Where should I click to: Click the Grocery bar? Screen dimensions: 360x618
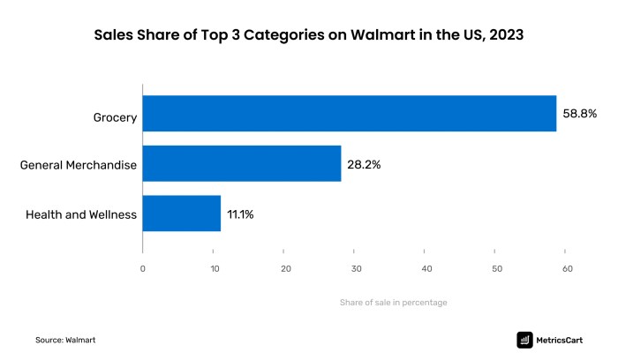click(349, 114)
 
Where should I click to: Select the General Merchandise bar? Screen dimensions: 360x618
click(241, 163)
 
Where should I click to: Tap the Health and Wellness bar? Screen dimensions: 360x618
click(181, 214)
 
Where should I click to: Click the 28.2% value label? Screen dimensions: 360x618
click(364, 164)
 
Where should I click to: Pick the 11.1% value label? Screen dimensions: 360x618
click(242, 214)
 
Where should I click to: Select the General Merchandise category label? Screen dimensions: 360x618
click(78, 164)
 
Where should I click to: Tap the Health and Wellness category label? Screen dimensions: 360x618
click(81, 214)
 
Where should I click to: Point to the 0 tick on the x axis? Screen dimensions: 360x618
click(142, 269)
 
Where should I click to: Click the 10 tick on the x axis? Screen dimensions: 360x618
click(213, 269)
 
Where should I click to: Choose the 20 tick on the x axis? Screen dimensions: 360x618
click(284, 269)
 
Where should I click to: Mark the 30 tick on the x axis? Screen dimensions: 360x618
click(355, 269)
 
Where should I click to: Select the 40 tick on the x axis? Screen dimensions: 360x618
click(426, 269)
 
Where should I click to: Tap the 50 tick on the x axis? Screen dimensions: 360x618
click(496, 269)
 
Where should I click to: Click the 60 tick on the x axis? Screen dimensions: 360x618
click(567, 269)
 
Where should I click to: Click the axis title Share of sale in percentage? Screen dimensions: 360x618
click(393, 303)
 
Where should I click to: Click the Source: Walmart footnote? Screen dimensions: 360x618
click(65, 339)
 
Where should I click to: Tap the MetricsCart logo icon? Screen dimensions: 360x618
click(524, 339)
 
